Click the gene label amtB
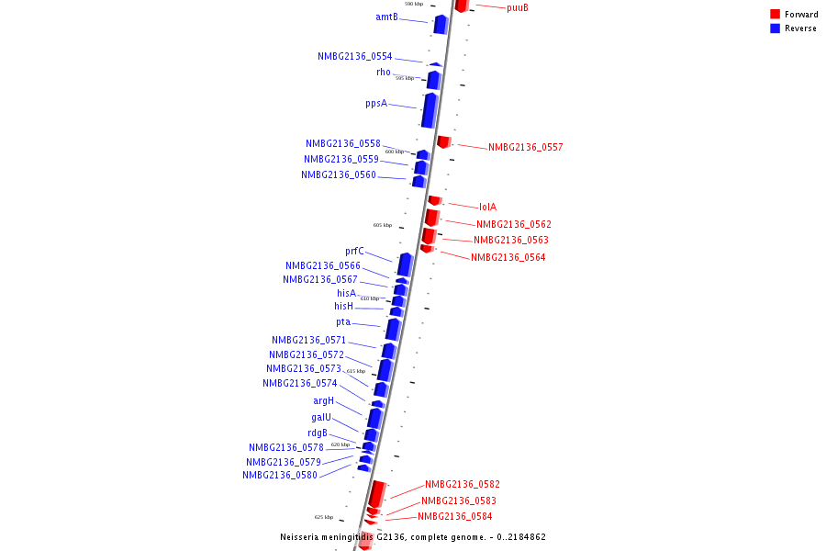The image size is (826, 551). click(386, 17)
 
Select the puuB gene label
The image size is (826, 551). click(518, 8)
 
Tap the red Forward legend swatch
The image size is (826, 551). click(775, 15)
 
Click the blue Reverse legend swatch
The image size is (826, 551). click(775, 28)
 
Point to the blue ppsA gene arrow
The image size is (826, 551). click(430, 109)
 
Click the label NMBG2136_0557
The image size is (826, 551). click(525, 148)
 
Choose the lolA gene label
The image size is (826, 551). click(487, 208)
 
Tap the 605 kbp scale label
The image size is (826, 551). click(383, 225)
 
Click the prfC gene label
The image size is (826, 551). click(354, 252)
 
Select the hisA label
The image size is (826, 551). click(346, 294)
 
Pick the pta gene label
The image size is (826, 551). click(343, 322)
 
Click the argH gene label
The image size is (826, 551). click(323, 401)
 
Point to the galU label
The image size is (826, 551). click(321, 418)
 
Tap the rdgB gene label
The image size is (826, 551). click(318, 433)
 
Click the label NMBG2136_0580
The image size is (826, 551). click(280, 476)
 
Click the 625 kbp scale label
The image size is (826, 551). click(323, 517)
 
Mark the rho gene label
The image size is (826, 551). click(383, 73)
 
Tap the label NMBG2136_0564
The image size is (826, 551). click(508, 258)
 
